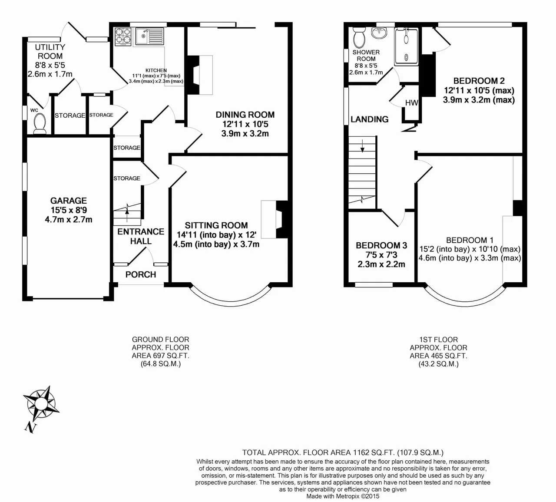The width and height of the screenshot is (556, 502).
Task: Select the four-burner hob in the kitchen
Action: click(x=123, y=36)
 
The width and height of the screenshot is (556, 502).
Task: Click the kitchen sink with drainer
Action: click(x=150, y=36)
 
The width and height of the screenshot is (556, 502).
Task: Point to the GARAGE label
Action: click(x=69, y=201)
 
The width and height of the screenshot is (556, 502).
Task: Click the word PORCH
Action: click(x=141, y=274)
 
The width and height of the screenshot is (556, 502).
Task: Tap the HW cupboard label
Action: click(x=412, y=103)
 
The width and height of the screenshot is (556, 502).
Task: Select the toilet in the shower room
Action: click(x=360, y=37)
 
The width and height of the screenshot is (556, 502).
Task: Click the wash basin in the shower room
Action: click(x=379, y=33)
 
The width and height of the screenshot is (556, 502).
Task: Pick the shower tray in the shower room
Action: click(x=406, y=47)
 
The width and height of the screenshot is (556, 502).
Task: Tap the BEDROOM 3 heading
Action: click(x=381, y=245)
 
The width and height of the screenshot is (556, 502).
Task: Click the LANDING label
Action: click(x=370, y=119)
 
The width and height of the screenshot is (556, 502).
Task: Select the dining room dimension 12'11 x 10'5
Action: click(x=245, y=124)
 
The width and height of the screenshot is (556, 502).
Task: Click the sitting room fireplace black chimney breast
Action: click(x=282, y=219)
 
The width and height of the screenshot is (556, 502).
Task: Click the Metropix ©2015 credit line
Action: click(x=343, y=496)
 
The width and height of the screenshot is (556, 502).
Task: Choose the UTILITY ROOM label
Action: click(x=50, y=52)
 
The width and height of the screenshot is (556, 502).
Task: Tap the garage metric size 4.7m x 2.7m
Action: click(x=69, y=220)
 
